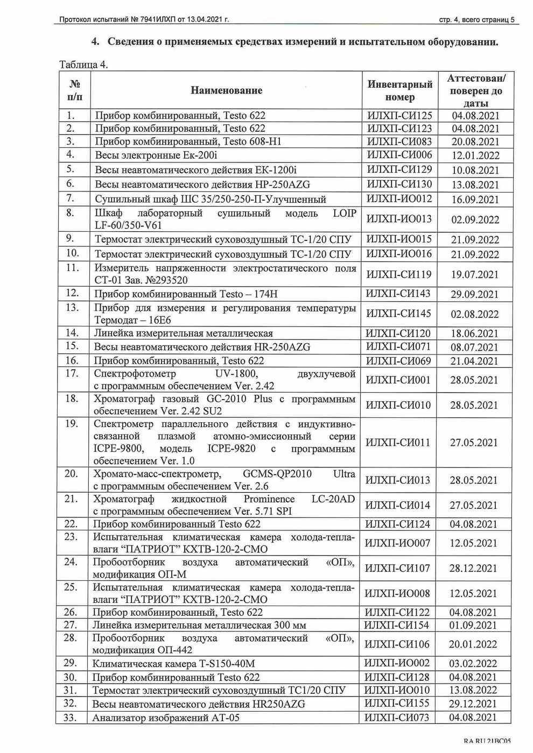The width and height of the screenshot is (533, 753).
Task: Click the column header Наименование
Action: click(226, 90)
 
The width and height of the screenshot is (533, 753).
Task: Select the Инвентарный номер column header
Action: click(399, 90)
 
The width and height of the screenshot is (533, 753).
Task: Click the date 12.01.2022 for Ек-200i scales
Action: click(475, 155)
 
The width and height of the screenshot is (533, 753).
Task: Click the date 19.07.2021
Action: click(475, 274)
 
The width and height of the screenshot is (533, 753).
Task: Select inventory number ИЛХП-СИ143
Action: click(398, 294)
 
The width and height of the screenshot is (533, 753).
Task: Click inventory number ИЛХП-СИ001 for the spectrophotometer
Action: click(398, 380)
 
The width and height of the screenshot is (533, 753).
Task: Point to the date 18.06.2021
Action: click(474, 333)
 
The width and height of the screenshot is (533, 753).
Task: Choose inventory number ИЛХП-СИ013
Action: click(398, 480)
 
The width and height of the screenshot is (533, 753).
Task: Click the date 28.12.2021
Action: click(473, 568)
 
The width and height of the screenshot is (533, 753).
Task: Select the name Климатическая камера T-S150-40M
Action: click(173, 664)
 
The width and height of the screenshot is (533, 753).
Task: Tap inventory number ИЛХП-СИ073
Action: click(397, 717)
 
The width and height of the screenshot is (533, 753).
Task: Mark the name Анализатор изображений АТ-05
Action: click(166, 718)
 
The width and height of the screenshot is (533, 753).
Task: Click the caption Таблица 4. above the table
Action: click(83, 65)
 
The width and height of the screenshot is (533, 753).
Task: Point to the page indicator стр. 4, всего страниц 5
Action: click(476, 20)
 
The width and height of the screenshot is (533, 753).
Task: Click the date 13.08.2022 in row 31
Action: click(473, 690)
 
